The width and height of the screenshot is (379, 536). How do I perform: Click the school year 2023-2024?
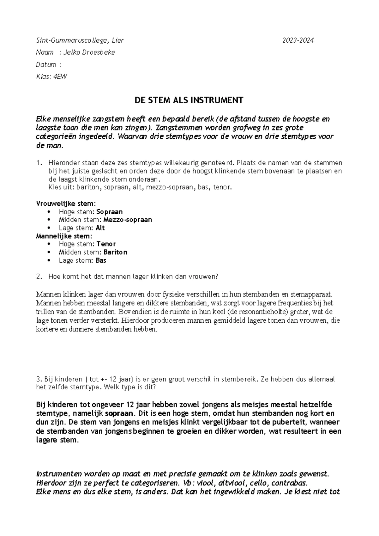tap(298, 40)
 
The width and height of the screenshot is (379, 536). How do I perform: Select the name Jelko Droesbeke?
tap(89, 52)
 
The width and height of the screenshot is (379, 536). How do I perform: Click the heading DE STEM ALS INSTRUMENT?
tap(189, 100)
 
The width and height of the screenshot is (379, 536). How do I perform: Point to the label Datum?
tap(46, 64)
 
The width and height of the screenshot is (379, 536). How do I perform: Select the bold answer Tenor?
tap(106, 244)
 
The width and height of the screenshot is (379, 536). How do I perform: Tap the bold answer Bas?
tap(101, 260)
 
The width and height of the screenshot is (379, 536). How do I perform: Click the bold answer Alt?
tap(100, 228)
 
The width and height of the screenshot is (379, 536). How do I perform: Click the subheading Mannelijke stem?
tap(64, 236)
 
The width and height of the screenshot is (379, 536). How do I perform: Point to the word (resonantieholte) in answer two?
tap(228, 312)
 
